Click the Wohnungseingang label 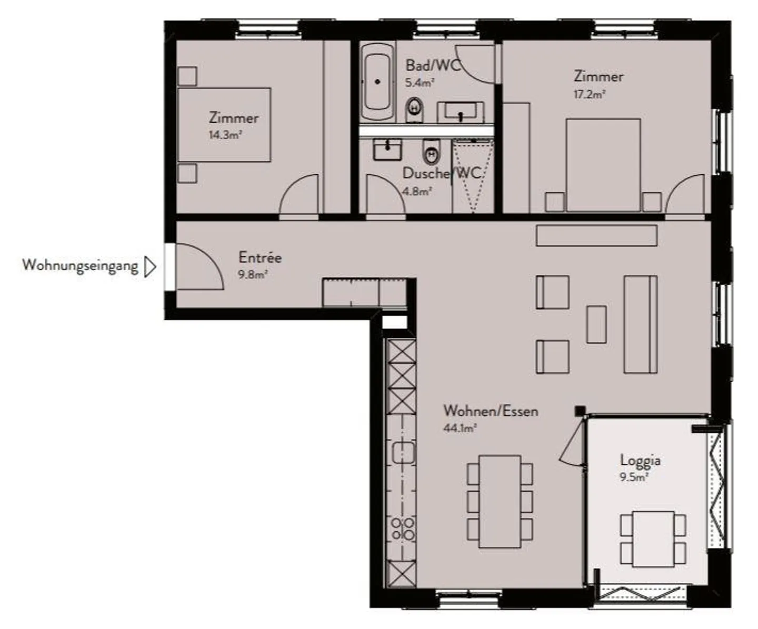tap(80, 265)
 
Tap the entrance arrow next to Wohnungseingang tap(150, 267)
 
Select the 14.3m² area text tap(225, 135)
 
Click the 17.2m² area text tap(589, 94)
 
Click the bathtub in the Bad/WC tap(377, 82)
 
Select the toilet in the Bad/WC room tap(415, 109)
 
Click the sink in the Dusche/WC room tap(387, 149)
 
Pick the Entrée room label tap(260, 257)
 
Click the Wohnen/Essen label tap(491, 411)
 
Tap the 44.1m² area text tap(460, 428)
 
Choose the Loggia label tap(640, 460)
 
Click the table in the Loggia tap(653, 538)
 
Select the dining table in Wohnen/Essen tap(500, 501)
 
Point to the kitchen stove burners tap(402, 529)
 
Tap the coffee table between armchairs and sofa tap(596, 324)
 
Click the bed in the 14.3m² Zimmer tap(224, 125)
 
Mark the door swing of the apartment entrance tap(200, 267)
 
